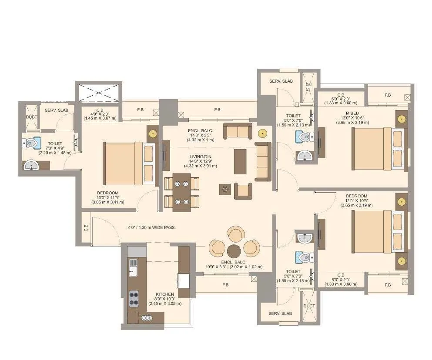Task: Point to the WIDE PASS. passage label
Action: coord(151,227)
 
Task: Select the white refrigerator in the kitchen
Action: coord(184,281)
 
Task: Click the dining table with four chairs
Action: coord(181,192)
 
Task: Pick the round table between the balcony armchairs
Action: coord(234,250)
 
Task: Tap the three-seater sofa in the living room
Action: coord(263,161)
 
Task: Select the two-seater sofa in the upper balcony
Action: coord(237,131)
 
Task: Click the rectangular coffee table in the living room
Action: coord(240,161)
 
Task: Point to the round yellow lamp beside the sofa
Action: coord(262,133)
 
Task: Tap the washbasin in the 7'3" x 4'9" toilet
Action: coord(31,165)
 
